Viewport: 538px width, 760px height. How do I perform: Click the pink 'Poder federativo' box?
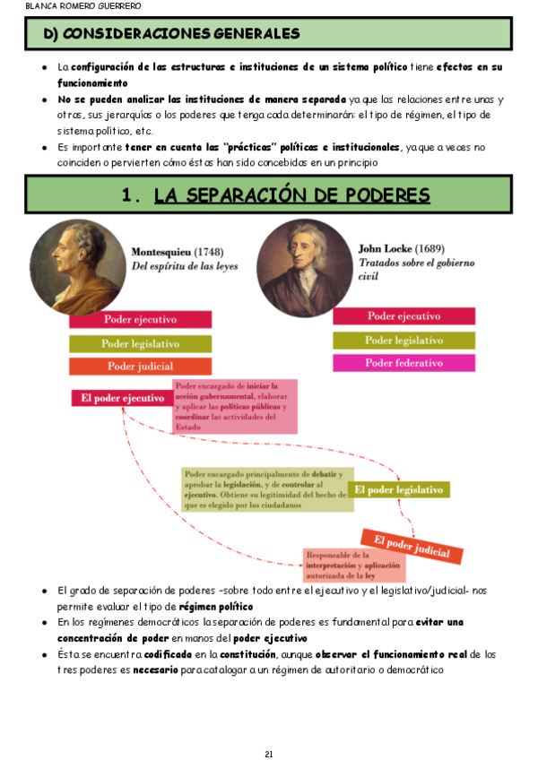(x=403, y=363)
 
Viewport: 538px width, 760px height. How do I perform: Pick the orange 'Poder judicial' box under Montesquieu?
(x=140, y=366)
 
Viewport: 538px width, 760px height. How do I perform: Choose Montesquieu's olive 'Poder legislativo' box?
(x=140, y=343)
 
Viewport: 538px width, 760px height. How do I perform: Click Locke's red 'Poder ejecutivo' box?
(x=403, y=316)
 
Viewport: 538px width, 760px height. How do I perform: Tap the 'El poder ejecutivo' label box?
(x=122, y=398)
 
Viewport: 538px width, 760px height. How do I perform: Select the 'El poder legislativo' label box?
(x=398, y=489)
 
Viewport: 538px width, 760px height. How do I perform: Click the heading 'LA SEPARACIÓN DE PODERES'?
(x=291, y=195)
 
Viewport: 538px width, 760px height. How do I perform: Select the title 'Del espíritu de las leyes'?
(x=184, y=266)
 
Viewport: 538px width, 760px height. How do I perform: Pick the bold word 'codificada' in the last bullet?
(x=170, y=655)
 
